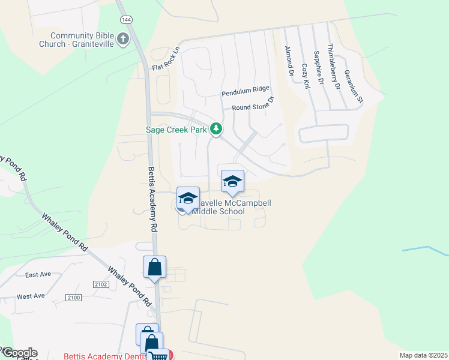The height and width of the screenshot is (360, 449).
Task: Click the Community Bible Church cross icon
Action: coord(123,40)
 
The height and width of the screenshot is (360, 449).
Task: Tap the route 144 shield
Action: coord(125,20)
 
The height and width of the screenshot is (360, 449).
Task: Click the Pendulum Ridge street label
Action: coord(246,91)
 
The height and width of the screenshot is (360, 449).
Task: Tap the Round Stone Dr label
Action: coord(253,105)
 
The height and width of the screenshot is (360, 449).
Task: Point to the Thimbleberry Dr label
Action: coord(333,66)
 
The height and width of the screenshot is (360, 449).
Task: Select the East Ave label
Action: coord(38,274)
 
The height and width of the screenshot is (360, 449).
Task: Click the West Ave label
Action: coord(31,296)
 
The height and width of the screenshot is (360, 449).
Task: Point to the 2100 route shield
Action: coord(73,298)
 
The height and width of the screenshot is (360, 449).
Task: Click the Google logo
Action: coord(19,353)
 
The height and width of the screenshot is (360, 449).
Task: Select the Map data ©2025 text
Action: coord(423,355)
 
